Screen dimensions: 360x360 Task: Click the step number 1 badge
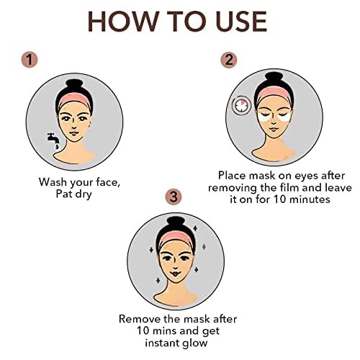point(30,60)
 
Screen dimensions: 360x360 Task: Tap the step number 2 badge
point(229,60)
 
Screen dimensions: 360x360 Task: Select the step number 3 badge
point(174,197)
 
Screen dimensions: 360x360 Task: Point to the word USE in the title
point(241,21)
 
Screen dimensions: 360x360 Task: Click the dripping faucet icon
point(53,141)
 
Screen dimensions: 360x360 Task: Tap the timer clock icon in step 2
point(241,106)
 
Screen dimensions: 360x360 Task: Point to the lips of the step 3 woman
point(176,274)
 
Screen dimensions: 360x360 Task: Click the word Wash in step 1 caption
point(53,182)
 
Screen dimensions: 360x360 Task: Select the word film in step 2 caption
point(290,187)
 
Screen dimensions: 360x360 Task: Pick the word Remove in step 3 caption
point(140,319)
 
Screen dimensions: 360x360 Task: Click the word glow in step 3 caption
point(195,343)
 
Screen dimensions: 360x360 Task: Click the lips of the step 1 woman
point(74,133)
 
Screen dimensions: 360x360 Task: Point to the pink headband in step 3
point(176,237)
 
